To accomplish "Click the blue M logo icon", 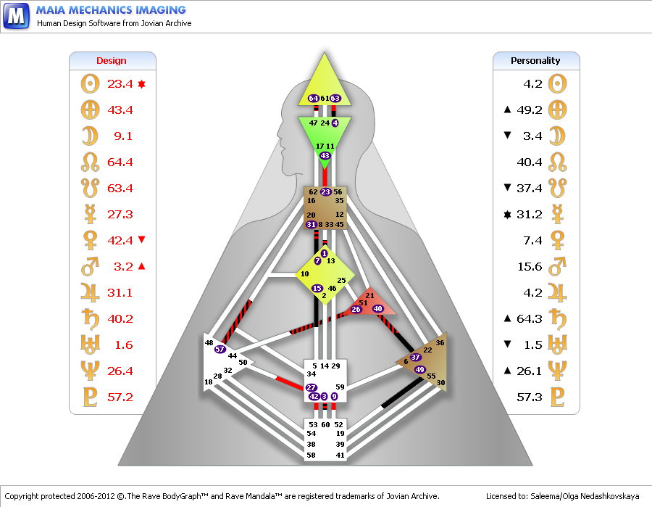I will point(16,15).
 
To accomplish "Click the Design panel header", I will point(112,61).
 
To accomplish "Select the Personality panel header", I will point(535,61).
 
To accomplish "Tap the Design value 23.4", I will point(120,84).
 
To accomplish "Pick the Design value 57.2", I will point(120,397).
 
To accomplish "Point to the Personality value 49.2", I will point(529,110).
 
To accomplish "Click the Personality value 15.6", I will point(529,267).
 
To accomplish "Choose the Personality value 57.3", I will point(529,397).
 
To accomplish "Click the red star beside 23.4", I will point(142,84).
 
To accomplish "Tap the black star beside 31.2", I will point(507,215).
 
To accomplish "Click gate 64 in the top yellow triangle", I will point(313,98).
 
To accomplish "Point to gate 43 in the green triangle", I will point(325,156).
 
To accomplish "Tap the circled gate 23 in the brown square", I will point(325,192).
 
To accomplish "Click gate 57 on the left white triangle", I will point(220,349).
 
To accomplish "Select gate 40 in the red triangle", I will point(377,309).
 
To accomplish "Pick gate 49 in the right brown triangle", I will point(419,370).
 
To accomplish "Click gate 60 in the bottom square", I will point(325,424).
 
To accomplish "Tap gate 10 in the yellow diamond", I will point(305,274).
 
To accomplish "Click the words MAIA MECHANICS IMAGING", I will point(111,10).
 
